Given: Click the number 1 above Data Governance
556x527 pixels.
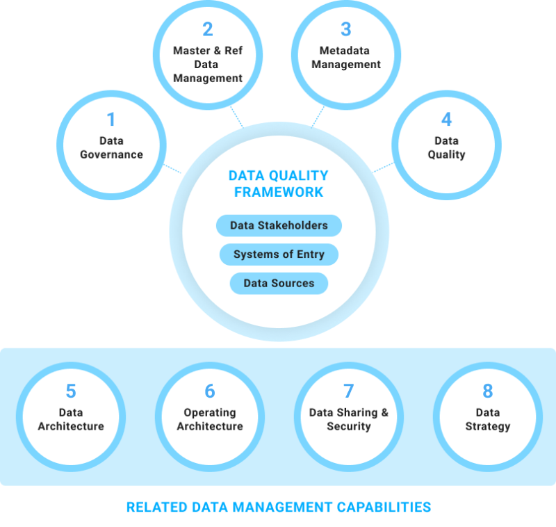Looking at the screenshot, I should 111,120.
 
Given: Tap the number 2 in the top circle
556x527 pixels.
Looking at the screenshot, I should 207,29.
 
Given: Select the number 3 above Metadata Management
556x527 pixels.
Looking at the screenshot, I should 346,29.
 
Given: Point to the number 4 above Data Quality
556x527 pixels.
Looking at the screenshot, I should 446,120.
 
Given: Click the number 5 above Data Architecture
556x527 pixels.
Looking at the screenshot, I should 71,391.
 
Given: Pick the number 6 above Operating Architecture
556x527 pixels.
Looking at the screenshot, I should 210,391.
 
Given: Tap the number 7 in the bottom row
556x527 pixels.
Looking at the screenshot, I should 349,391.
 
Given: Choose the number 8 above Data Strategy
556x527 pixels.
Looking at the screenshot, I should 488,391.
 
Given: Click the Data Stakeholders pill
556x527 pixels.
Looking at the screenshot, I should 279,225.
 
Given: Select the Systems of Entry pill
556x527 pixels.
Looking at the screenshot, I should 279,254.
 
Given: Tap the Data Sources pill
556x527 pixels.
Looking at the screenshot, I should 279,284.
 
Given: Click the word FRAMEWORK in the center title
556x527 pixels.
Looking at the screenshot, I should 279,193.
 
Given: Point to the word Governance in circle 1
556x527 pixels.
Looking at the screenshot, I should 111,154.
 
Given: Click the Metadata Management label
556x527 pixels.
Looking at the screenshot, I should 346,58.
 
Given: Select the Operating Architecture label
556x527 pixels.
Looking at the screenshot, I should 210,419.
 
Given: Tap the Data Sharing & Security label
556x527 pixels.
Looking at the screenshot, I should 349,419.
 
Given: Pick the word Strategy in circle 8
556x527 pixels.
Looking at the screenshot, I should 488,426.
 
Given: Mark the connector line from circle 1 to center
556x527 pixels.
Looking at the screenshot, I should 173,169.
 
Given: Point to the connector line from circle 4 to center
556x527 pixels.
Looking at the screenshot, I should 383,168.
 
